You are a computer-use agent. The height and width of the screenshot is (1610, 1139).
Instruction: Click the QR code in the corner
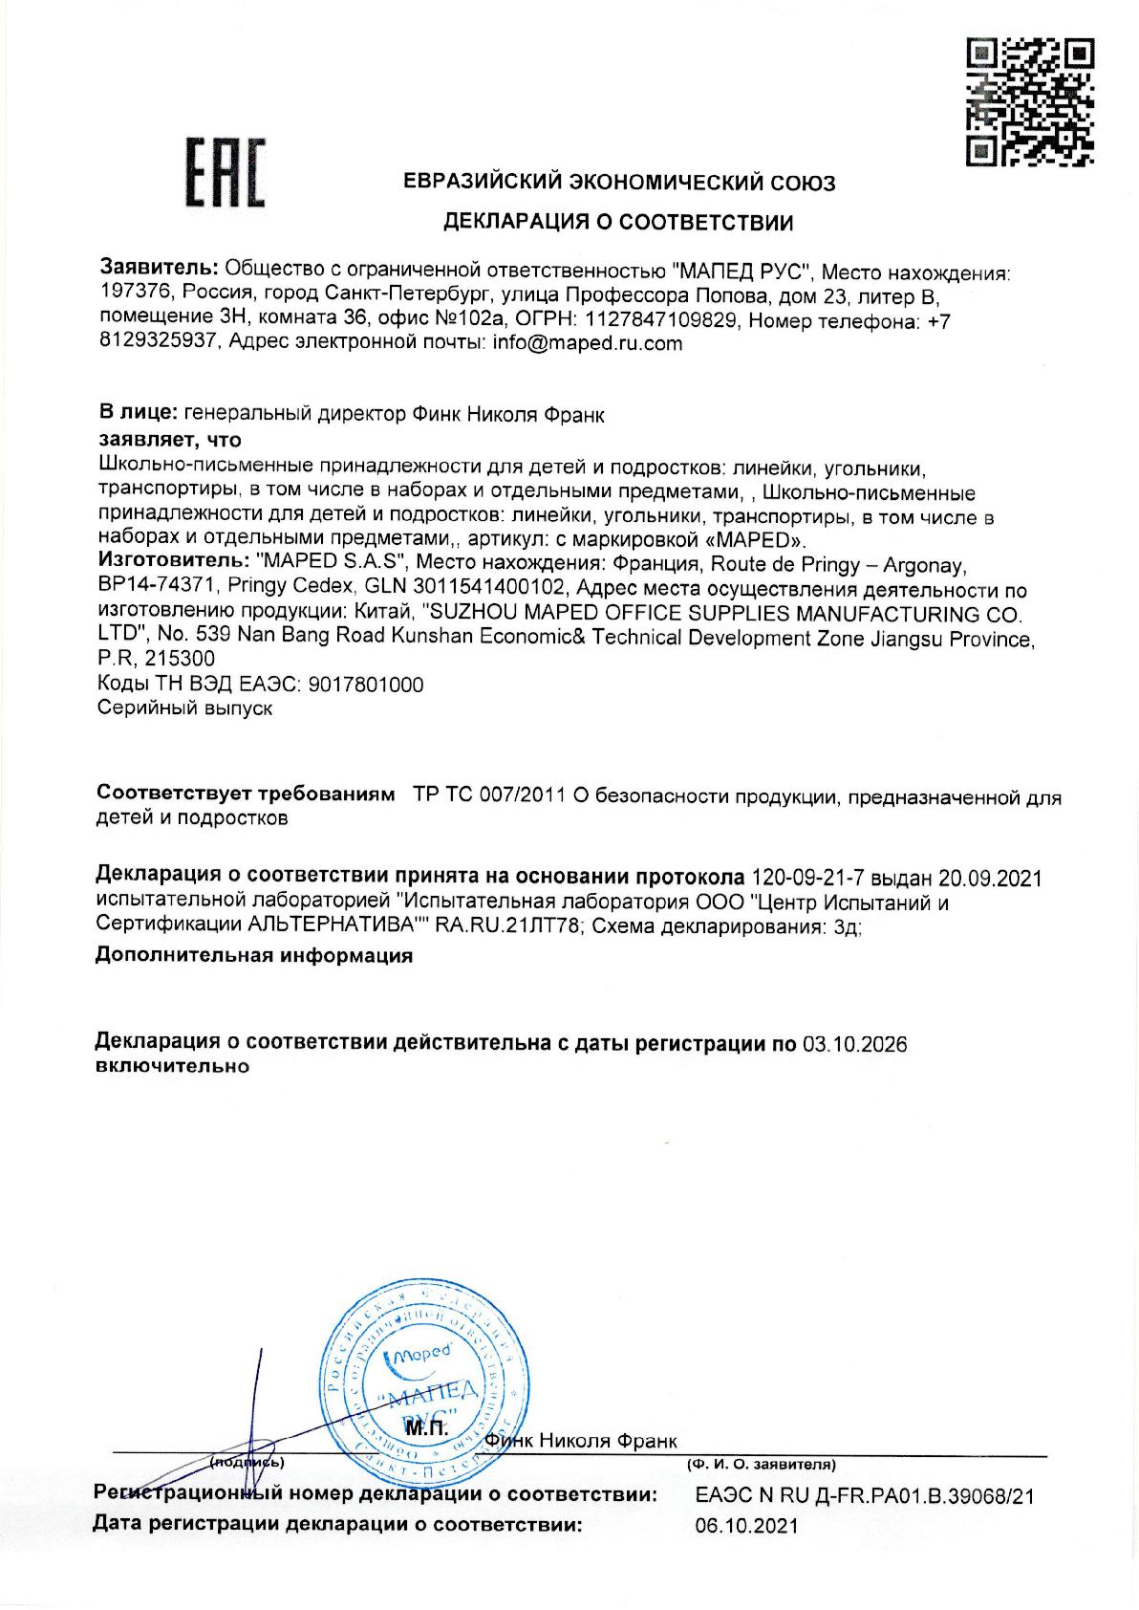(1029, 100)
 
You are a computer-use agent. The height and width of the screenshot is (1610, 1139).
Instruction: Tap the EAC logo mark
(225, 173)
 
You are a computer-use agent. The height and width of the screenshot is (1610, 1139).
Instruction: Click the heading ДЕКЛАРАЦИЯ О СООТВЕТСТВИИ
(617, 223)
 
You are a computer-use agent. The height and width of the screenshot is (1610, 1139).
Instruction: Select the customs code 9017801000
(367, 685)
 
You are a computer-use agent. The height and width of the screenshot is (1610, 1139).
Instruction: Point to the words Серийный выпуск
(185, 708)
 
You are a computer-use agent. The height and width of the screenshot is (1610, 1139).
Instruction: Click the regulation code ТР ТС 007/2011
(488, 795)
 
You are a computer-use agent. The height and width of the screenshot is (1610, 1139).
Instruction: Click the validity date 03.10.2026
(854, 1043)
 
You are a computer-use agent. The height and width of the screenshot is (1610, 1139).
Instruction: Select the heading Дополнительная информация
(254, 955)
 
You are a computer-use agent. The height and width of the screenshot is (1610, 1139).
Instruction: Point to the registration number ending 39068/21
(865, 1496)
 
